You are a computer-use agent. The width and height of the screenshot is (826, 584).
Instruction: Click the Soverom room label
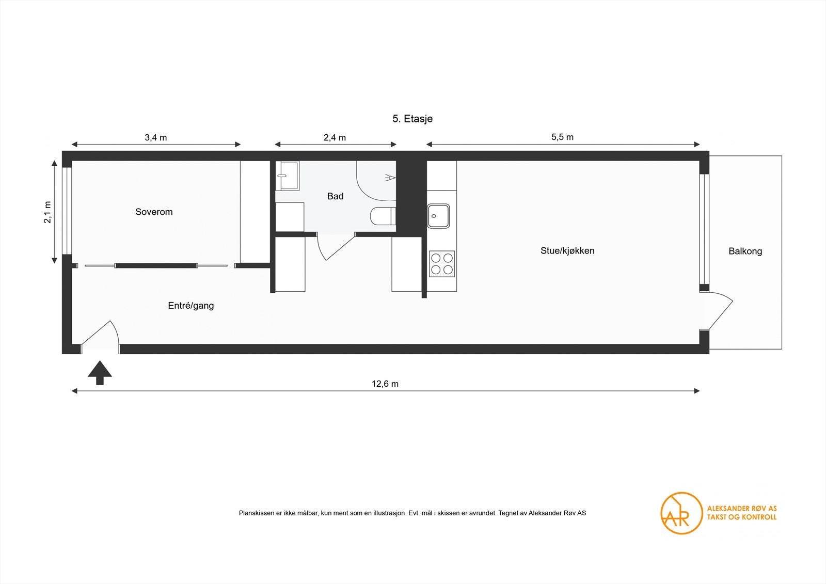154,212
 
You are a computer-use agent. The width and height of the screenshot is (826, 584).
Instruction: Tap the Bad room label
335,196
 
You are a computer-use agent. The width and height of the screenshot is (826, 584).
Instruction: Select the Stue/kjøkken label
567,251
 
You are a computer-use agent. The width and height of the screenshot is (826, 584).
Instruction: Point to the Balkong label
745,251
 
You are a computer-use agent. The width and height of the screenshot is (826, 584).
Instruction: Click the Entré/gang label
190,306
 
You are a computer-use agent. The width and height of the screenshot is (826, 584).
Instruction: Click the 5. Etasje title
412,119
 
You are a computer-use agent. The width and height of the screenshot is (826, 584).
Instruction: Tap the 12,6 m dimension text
385,384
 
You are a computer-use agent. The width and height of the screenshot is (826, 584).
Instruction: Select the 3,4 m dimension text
155,137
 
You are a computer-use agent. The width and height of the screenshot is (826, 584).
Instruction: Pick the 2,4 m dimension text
335,137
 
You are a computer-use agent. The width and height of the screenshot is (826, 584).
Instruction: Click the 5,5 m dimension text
562,137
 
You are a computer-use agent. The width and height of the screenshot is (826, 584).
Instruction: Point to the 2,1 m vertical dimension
47,212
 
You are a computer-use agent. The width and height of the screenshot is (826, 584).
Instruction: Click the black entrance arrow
100,373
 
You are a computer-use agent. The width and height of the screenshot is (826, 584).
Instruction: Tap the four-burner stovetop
442,264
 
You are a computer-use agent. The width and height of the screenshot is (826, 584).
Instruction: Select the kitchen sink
438,216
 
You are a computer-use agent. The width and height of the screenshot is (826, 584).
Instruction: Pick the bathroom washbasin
287,175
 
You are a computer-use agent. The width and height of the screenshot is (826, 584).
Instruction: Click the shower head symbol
390,178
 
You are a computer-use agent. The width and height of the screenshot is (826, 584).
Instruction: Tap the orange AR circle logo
681,513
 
